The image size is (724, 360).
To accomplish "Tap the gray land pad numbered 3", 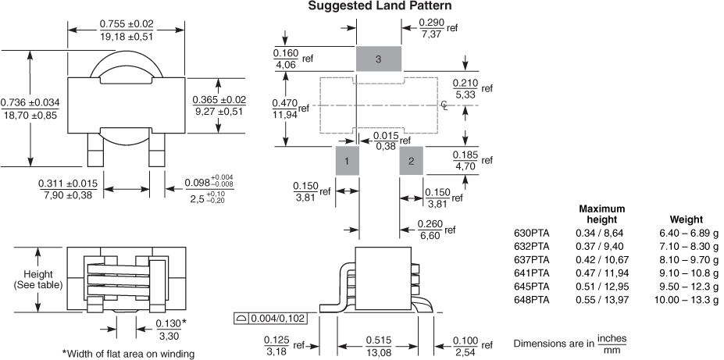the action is point(379,59).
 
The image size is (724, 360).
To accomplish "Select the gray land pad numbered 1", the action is point(347,161).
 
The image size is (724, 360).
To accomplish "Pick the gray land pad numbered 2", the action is point(411,161).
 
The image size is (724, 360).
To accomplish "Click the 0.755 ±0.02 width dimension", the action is point(127,30).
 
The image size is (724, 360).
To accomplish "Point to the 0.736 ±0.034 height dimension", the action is point(30,109).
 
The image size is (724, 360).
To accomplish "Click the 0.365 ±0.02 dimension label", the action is point(219,105).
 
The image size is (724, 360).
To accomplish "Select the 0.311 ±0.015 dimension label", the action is point(68,189).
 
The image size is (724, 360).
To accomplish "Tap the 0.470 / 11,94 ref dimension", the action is point(291,109).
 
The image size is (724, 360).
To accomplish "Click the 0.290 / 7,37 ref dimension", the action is point(438,28).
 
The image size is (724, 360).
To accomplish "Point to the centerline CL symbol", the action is point(444,105).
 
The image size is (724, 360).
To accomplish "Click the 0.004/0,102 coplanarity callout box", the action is point(271,318).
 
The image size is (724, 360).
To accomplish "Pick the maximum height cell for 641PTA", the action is point(602,273).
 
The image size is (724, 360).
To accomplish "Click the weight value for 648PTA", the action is point(687,300).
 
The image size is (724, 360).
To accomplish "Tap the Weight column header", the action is point(687,219).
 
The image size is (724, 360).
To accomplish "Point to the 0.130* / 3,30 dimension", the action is point(171,328).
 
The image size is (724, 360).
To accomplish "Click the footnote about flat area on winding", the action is point(128,354).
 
